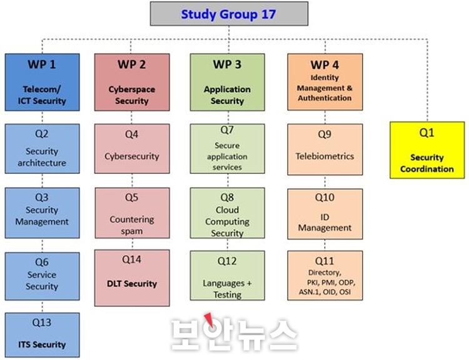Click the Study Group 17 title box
pyautogui.click(x=229, y=14)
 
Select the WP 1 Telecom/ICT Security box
pyautogui.click(x=42, y=82)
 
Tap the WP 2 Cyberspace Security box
pyautogui.click(x=132, y=82)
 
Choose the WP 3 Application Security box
pyautogui.click(x=228, y=82)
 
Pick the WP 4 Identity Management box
pyautogui.click(x=325, y=82)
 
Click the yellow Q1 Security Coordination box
pyautogui.click(x=427, y=150)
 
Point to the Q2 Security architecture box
pyautogui.click(x=42, y=149)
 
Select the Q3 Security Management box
pyautogui.click(x=42, y=213)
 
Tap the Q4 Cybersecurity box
pyautogui.click(x=132, y=149)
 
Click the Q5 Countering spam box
pyautogui.click(x=132, y=213)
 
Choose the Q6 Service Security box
pyautogui.click(x=42, y=276)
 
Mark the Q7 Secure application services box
pyautogui.click(x=228, y=149)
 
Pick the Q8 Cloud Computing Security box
pyautogui.click(x=228, y=213)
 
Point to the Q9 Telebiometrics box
pyautogui.click(x=325, y=149)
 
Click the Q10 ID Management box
pyautogui.click(x=325, y=214)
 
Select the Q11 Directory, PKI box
pyautogui.click(x=325, y=276)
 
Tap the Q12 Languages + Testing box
pyautogui.click(x=228, y=276)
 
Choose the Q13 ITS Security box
pyautogui.click(x=42, y=335)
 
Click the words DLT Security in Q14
pyautogui.click(x=132, y=284)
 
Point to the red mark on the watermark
pyautogui.click(x=209, y=319)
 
